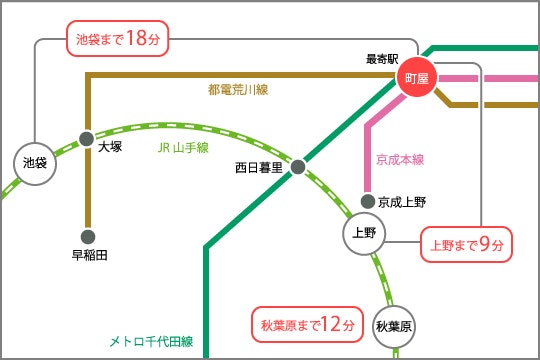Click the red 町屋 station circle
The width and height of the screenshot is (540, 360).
[x=415, y=79]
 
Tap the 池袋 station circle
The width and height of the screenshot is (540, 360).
[x=35, y=161]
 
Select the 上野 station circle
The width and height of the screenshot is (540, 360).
[x=363, y=233]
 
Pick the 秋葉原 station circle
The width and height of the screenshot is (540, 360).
[x=394, y=326]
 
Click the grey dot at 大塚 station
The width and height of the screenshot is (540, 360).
[x=87, y=138]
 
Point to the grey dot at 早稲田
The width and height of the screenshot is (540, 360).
[x=88, y=237]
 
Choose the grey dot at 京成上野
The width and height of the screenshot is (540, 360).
[x=368, y=202]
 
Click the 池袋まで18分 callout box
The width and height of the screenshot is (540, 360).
[x=118, y=39]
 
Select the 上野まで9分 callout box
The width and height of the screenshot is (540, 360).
[x=467, y=243]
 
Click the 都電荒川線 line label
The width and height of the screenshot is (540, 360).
[x=238, y=90]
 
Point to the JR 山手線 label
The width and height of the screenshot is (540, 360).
[x=183, y=148]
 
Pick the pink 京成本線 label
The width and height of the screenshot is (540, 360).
[x=400, y=159]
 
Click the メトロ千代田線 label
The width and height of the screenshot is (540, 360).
[x=150, y=341]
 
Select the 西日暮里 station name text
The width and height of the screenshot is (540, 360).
[x=259, y=168]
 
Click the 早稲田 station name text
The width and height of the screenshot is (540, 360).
[x=89, y=255]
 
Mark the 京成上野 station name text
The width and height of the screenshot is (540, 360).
[x=403, y=202]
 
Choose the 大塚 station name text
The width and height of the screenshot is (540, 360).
[x=110, y=146]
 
